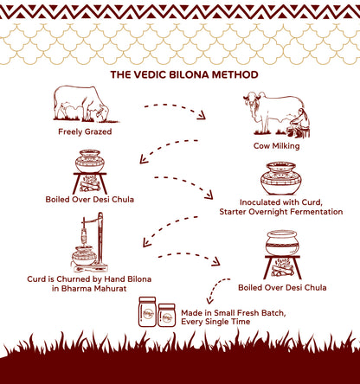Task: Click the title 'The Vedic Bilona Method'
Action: pos(184,74)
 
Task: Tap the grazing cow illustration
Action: pos(84,105)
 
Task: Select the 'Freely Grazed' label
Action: pos(85,131)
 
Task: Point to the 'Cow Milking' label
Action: pos(277,146)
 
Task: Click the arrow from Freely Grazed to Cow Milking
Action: pos(175,110)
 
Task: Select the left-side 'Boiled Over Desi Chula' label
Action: pos(90,200)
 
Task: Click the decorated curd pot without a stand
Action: pos(281,178)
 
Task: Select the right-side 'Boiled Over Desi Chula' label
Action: pos(282,288)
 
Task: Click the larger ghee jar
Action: pos(147,311)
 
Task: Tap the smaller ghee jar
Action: pos(167,315)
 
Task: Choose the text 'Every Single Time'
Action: pos(215,322)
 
